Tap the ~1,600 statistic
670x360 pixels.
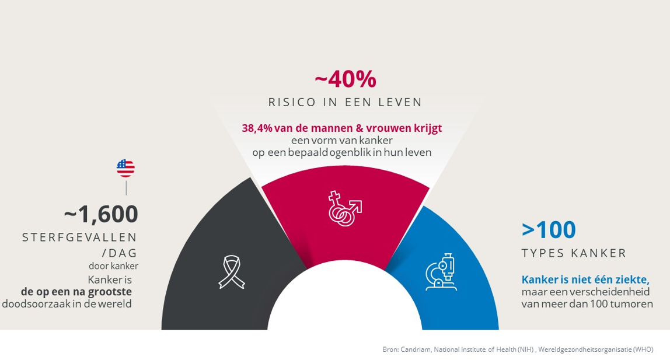pos(101,214)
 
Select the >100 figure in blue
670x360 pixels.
pos(549,230)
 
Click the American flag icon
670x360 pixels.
pos(125,168)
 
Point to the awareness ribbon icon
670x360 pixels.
pos(231,271)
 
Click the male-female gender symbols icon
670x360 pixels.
pos(345,208)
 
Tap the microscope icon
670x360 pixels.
pos(442,272)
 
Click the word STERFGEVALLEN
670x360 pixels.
pos(80,237)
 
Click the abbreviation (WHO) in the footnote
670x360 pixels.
pos(643,349)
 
